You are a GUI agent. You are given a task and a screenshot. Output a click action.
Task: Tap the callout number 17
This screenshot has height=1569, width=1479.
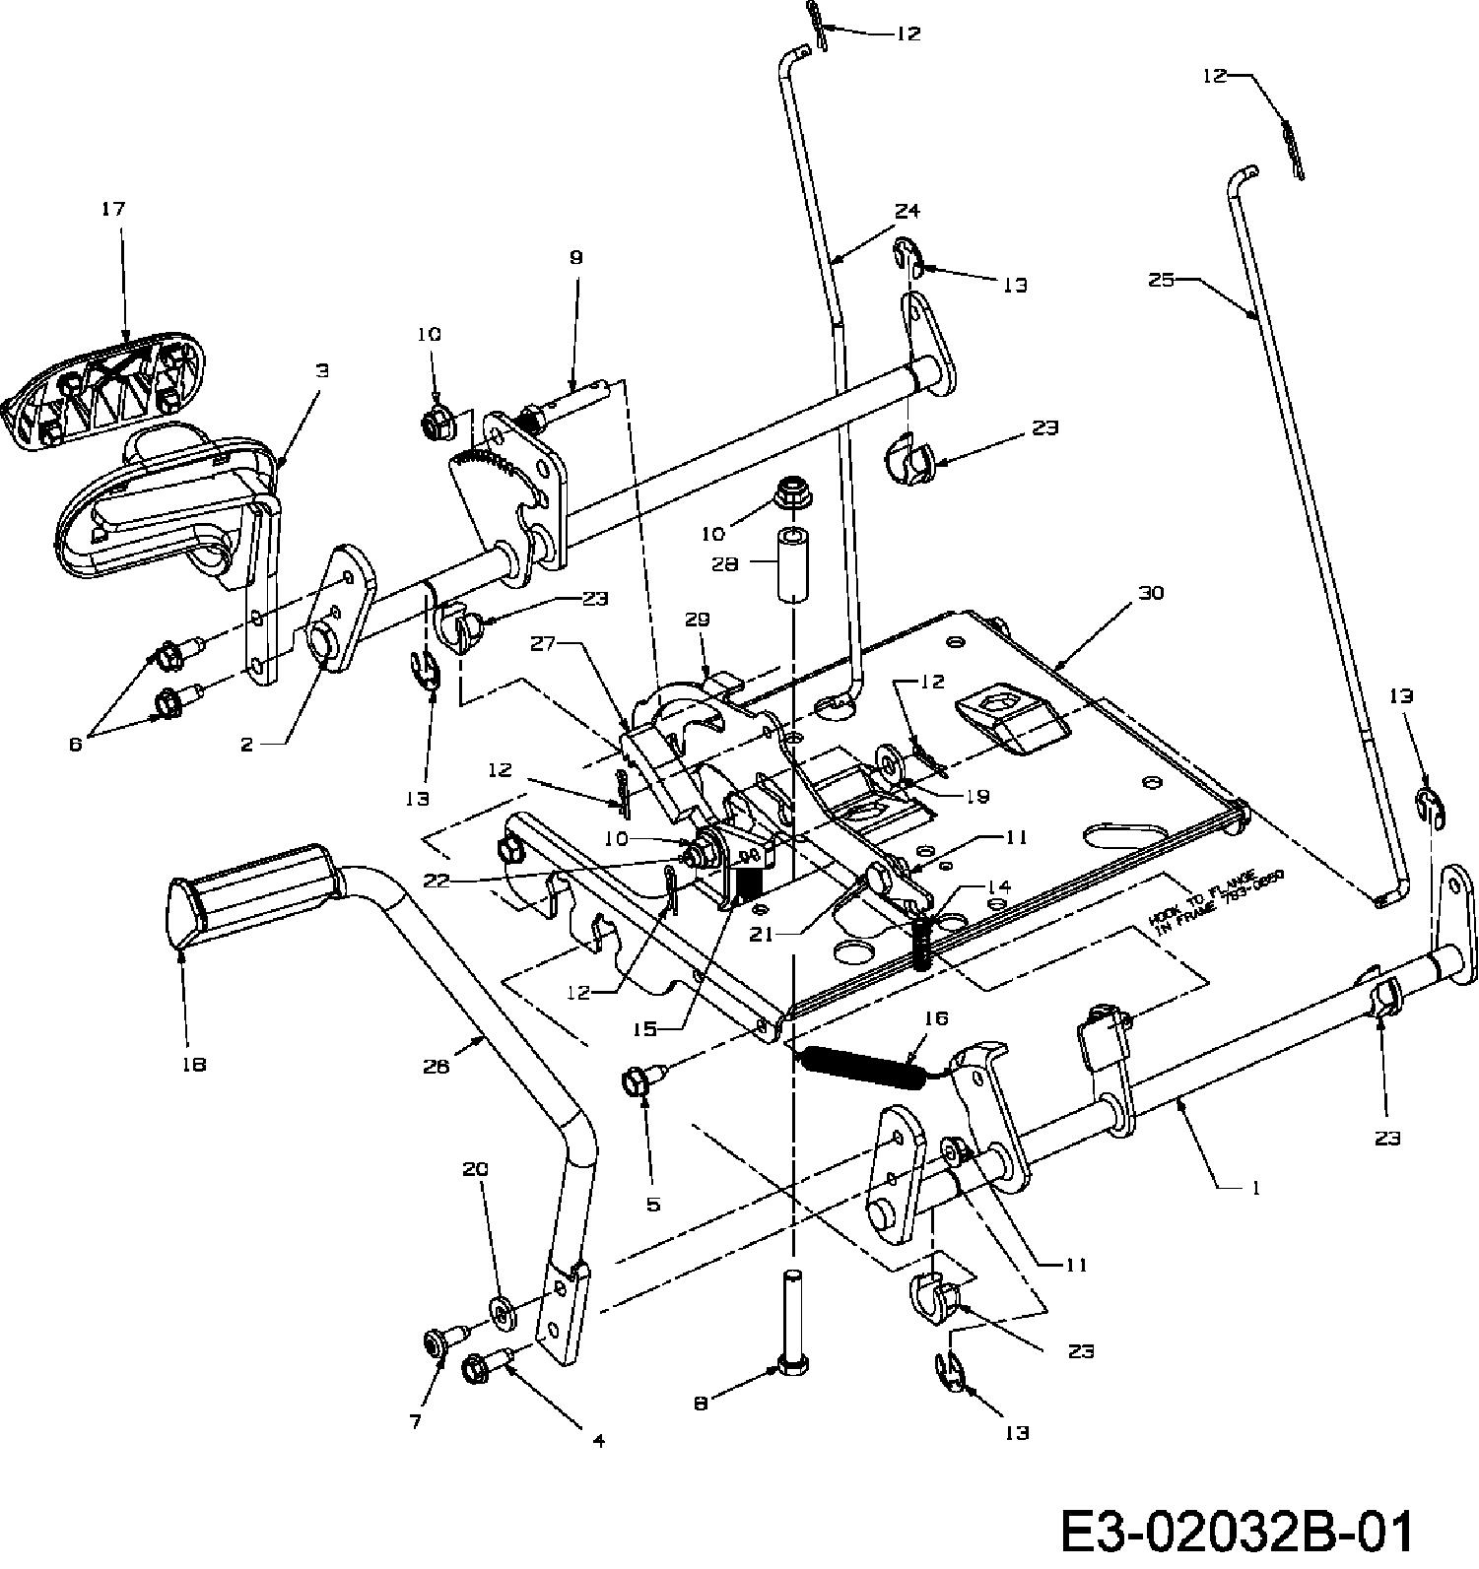pyautogui.click(x=113, y=209)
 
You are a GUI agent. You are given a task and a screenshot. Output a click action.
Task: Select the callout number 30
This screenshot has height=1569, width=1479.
pyautogui.click(x=1150, y=593)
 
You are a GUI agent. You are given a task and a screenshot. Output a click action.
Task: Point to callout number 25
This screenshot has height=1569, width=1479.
pyautogui.click(x=1162, y=280)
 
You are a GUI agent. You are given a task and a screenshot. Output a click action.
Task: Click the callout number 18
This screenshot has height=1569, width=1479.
pyautogui.click(x=193, y=1064)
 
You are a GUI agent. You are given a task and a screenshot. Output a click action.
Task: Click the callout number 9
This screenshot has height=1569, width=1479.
pyautogui.click(x=575, y=257)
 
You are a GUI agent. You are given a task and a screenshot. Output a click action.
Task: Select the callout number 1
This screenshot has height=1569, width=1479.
pyautogui.click(x=1254, y=1189)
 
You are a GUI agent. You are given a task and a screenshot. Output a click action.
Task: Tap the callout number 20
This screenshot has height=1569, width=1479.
pyautogui.click(x=475, y=1169)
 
